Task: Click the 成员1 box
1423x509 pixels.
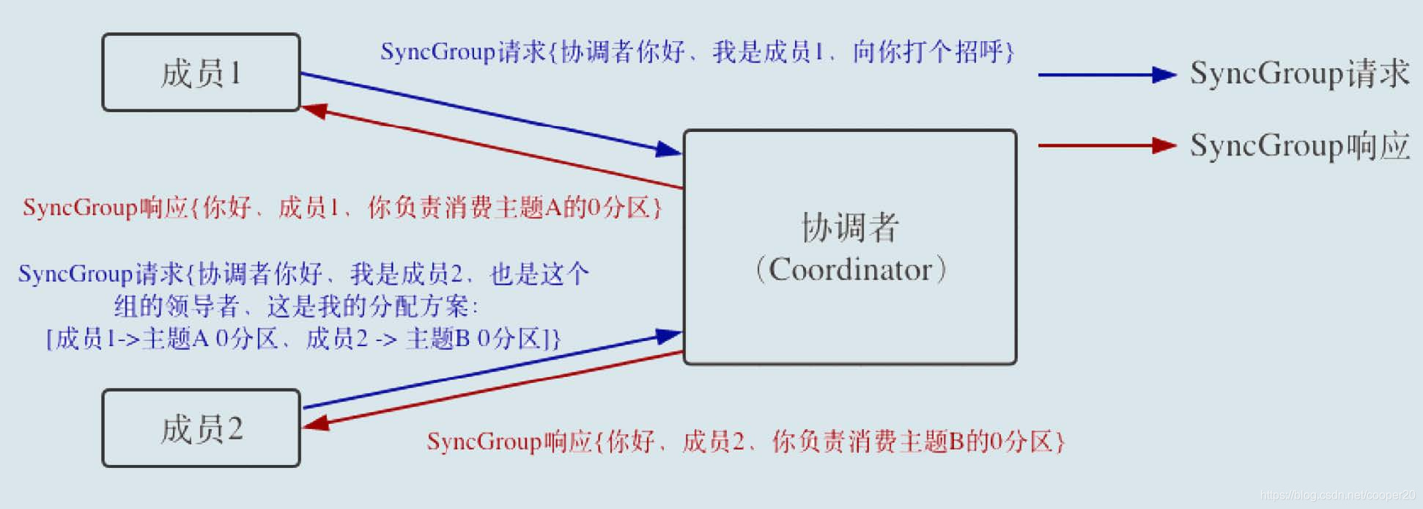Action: pos(201,73)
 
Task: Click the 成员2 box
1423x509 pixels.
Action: pos(201,428)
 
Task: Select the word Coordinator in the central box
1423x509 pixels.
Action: pos(850,270)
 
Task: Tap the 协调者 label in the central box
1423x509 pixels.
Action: pos(850,227)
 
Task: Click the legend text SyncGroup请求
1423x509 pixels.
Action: pos(1298,73)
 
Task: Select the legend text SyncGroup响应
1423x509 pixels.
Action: pos(1298,145)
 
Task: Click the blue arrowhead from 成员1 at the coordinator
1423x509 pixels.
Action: pos(668,150)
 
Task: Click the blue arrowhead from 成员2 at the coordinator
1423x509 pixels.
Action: pos(668,336)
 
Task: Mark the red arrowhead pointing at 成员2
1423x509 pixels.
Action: pos(317,423)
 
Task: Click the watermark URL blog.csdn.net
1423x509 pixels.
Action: pos(1337,496)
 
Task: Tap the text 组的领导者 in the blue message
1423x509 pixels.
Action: pos(177,306)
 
